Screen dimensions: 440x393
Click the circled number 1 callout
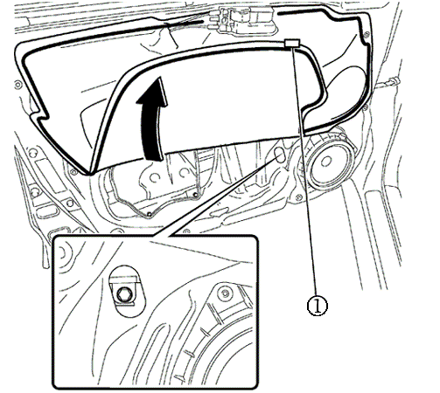(x=318, y=306)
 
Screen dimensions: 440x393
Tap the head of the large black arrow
(x=154, y=92)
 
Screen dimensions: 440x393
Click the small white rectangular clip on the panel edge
(x=292, y=43)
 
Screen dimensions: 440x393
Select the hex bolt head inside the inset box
(x=122, y=294)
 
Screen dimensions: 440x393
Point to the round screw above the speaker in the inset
(x=225, y=293)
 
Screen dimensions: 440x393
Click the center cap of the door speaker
(x=326, y=162)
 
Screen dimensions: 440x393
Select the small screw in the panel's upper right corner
(x=366, y=36)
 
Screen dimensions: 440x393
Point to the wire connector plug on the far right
(x=391, y=81)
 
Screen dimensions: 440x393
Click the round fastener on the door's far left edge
(x=18, y=85)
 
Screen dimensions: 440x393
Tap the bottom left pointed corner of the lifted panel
(x=87, y=174)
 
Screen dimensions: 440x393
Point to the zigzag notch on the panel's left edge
(x=40, y=114)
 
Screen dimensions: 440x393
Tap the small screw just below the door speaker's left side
(x=298, y=198)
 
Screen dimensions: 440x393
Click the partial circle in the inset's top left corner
(x=62, y=254)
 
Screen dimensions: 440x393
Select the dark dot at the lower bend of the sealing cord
(x=150, y=214)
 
